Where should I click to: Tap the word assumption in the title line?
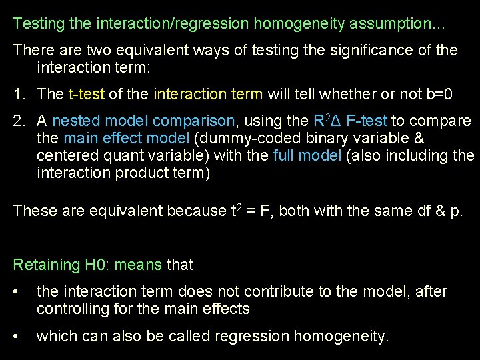click(x=390, y=24)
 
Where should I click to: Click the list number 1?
click(x=18, y=95)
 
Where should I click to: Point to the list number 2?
click(x=18, y=121)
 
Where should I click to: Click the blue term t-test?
click(x=87, y=95)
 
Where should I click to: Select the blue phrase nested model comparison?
click(x=143, y=121)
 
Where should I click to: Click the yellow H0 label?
click(x=97, y=265)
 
